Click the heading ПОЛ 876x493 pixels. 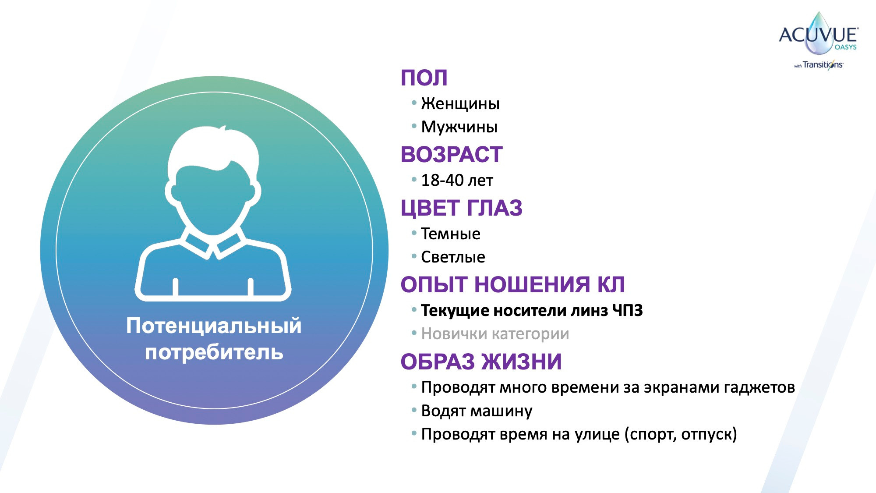click(x=424, y=78)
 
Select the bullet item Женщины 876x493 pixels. click(x=460, y=104)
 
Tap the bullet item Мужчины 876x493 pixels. click(x=459, y=127)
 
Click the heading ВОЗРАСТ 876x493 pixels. click(x=451, y=155)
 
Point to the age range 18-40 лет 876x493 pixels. click(x=457, y=181)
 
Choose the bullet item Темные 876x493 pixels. click(x=450, y=234)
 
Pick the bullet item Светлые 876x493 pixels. click(x=452, y=257)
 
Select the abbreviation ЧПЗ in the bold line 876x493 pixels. click(x=627, y=311)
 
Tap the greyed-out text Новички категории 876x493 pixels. click(x=495, y=334)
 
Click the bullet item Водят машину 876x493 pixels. click(x=476, y=411)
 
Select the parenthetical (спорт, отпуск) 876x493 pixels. click(x=680, y=434)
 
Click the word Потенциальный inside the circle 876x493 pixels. click(x=214, y=326)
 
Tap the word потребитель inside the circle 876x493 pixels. click(x=214, y=352)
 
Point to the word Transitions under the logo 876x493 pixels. click(x=822, y=65)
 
